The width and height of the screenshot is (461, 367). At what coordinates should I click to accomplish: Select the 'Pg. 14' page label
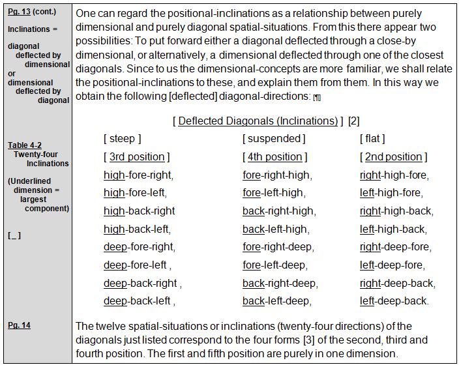tap(19, 325)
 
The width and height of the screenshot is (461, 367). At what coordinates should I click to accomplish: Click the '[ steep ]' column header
tap(122, 138)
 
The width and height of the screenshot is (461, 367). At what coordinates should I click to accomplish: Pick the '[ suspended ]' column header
tap(273, 138)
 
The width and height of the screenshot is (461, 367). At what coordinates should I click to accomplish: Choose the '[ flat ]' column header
tap(372, 138)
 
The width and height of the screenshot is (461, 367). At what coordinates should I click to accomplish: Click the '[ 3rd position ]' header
tap(136, 156)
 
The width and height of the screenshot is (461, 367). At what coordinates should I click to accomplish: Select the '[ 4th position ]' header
tap(275, 156)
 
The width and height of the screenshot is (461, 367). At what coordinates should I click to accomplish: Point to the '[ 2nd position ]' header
tap(393, 156)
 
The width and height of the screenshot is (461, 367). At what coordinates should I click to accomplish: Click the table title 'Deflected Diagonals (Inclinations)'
tap(258, 121)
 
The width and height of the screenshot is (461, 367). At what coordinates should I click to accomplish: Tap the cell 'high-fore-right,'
tap(139, 175)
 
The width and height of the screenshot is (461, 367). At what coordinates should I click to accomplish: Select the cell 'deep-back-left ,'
tap(139, 301)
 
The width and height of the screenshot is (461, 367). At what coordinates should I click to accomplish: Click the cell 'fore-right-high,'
tap(277, 175)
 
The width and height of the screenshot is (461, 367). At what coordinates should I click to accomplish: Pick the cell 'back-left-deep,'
tap(276, 301)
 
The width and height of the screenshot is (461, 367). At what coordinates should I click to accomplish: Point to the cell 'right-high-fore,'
tap(394, 175)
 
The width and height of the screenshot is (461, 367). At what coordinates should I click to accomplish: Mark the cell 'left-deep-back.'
tap(394, 301)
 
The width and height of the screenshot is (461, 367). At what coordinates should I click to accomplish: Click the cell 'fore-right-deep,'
tap(278, 247)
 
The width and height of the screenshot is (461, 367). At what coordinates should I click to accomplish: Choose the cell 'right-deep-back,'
tap(397, 284)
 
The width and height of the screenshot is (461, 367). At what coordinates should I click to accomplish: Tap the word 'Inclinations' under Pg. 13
tap(29, 29)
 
